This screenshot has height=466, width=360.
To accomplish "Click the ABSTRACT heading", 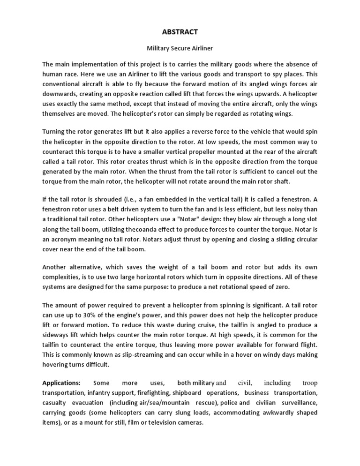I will coord(180,32).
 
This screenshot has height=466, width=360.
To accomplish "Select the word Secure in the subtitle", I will coord(180,48).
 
